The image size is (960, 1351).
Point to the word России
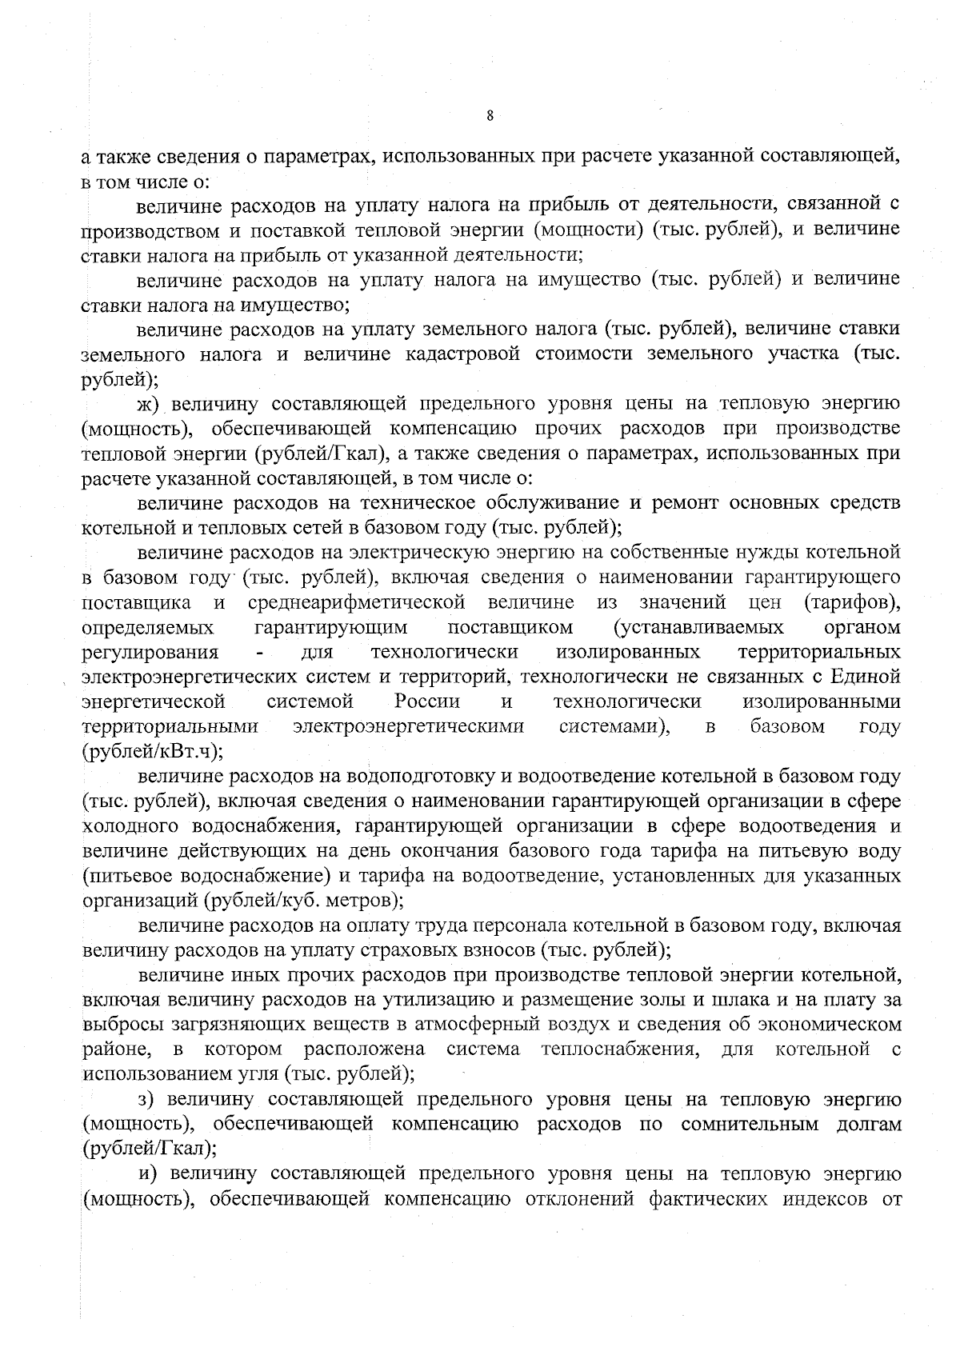427,702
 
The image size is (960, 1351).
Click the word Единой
866,677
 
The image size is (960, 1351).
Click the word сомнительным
750,1124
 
